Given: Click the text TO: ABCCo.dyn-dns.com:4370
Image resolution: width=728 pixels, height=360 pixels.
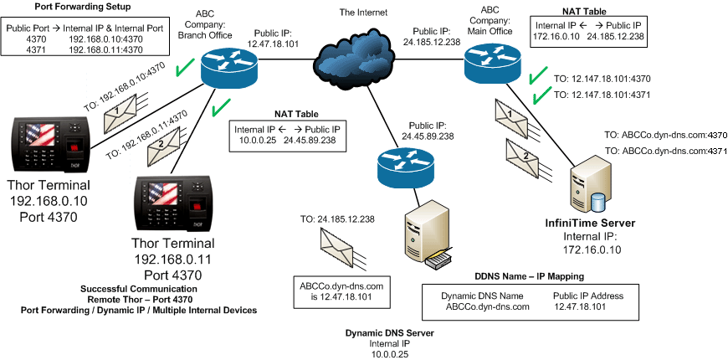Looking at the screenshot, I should pyautogui.click(x=665, y=133).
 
